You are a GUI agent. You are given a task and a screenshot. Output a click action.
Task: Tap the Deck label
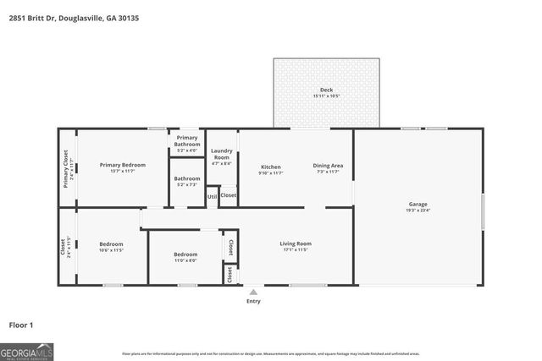(x=326, y=90)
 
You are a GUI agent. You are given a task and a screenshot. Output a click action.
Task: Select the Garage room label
(x=418, y=204)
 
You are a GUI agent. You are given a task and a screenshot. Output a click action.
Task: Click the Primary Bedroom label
(x=122, y=165)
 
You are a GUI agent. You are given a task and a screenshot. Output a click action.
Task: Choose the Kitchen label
(x=270, y=167)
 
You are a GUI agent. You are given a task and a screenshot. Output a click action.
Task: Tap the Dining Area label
(x=328, y=167)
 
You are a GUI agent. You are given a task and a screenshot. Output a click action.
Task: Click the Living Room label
(x=296, y=244)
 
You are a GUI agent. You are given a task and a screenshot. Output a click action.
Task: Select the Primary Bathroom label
(x=187, y=141)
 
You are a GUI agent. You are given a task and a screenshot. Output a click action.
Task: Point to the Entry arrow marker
(x=253, y=292)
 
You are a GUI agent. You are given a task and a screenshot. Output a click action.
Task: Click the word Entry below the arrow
(x=253, y=301)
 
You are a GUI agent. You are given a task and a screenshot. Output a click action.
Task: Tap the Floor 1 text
(x=20, y=325)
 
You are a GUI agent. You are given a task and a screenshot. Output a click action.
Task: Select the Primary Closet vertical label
(x=65, y=165)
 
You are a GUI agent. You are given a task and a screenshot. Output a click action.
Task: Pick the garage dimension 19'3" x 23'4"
(x=418, y=211)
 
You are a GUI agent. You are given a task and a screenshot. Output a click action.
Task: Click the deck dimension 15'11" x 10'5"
(x=326, y=97)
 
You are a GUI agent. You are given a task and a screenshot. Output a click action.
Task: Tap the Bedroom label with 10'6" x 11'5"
(x=111, y=243)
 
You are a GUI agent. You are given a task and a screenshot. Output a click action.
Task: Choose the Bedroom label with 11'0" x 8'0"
(x=185, y=254)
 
